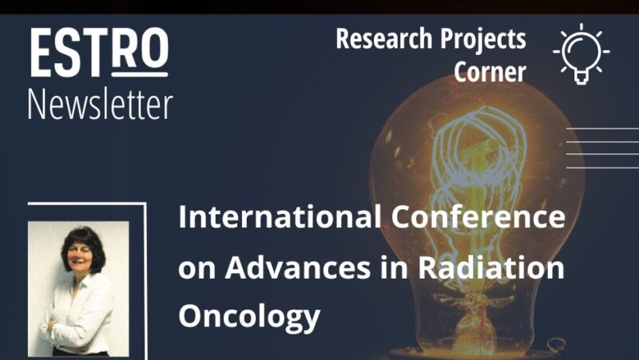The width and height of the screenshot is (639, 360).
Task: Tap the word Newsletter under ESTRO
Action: [x=100, y=104]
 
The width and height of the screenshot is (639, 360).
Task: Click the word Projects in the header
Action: [x=484, y=38]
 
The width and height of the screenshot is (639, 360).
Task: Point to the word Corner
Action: [x=490, y=72]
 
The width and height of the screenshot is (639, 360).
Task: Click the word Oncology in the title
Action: [x=249, y=317]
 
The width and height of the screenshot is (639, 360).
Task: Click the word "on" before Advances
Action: [x=196, y=269]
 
